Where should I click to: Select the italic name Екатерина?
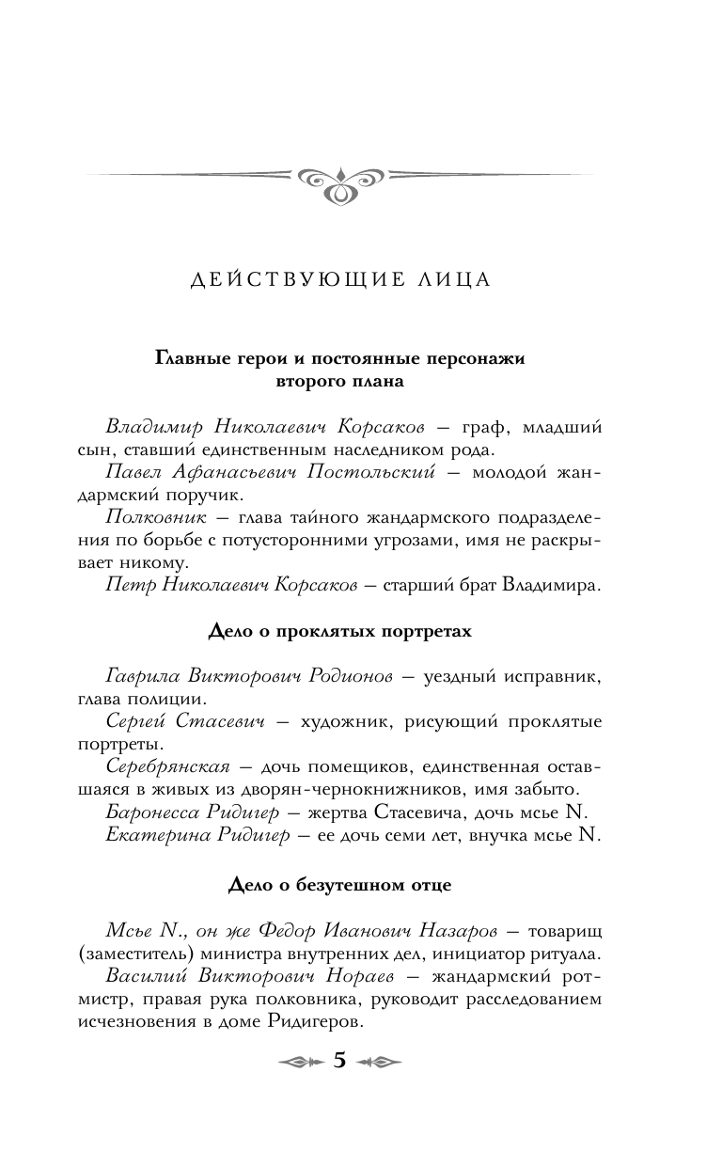pyautogui.click(x=152, y=832)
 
